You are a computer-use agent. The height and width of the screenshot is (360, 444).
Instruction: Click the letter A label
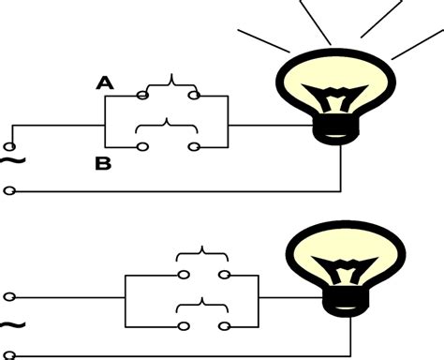coord(105,82)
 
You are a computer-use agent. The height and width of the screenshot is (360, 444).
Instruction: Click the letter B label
coord(102,165)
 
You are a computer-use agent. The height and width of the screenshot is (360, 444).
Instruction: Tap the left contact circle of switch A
coord(142,94)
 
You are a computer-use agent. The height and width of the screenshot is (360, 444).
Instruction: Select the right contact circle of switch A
coord(193,94)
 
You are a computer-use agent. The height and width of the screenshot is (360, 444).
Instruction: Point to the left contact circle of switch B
coord(142,146)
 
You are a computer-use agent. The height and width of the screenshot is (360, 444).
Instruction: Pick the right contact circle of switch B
coord(193,146)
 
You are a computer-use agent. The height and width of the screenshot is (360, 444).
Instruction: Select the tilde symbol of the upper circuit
coord(10,165)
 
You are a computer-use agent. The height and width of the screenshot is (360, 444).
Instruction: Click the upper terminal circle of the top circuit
coord(10,145)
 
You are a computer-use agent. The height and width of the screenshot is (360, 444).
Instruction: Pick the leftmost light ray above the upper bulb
coord(261,41)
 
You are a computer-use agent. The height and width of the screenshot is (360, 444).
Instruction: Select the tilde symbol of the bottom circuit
coord(10,325)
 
